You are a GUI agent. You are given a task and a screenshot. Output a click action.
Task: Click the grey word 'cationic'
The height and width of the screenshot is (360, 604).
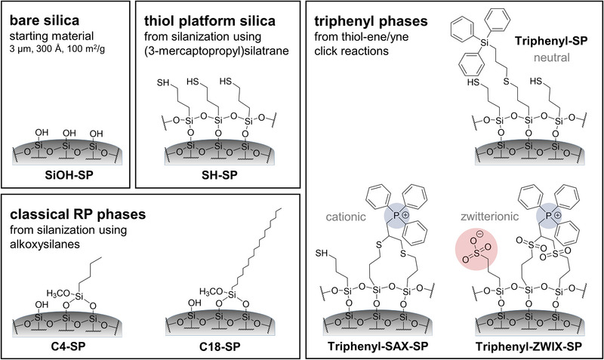click(x=355, y=216)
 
